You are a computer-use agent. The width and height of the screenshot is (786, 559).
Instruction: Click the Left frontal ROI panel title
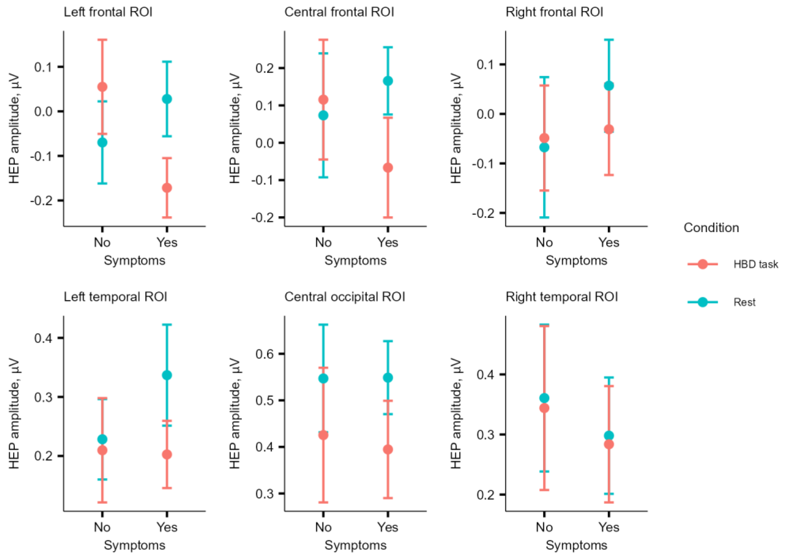tap(108, 12)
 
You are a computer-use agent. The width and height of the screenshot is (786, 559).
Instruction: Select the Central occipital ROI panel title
tap(345, 297)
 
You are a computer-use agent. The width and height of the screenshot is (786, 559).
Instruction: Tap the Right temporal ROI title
tap(562, 297)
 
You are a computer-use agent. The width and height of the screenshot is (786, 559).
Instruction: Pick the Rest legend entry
tap(744, 302)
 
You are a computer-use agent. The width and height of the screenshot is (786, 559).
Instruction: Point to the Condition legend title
tap(711, 228)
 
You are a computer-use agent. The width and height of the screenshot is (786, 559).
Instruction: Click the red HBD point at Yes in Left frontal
tap(167, 188)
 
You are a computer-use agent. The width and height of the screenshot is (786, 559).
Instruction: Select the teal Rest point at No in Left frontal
tap(102, 142)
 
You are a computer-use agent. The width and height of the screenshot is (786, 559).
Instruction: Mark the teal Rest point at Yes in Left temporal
tap(167, 375)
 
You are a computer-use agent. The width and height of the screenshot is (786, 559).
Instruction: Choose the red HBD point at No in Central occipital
tap(323, 435)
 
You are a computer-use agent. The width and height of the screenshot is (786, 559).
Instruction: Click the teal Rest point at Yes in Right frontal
tap(609, 86)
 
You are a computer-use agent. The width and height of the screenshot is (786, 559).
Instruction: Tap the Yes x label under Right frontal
tap(609, 242)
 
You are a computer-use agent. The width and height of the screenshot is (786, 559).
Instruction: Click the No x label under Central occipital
tap(323, 527)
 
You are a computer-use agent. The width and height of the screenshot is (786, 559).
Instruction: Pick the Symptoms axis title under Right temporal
tap(577, 545)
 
